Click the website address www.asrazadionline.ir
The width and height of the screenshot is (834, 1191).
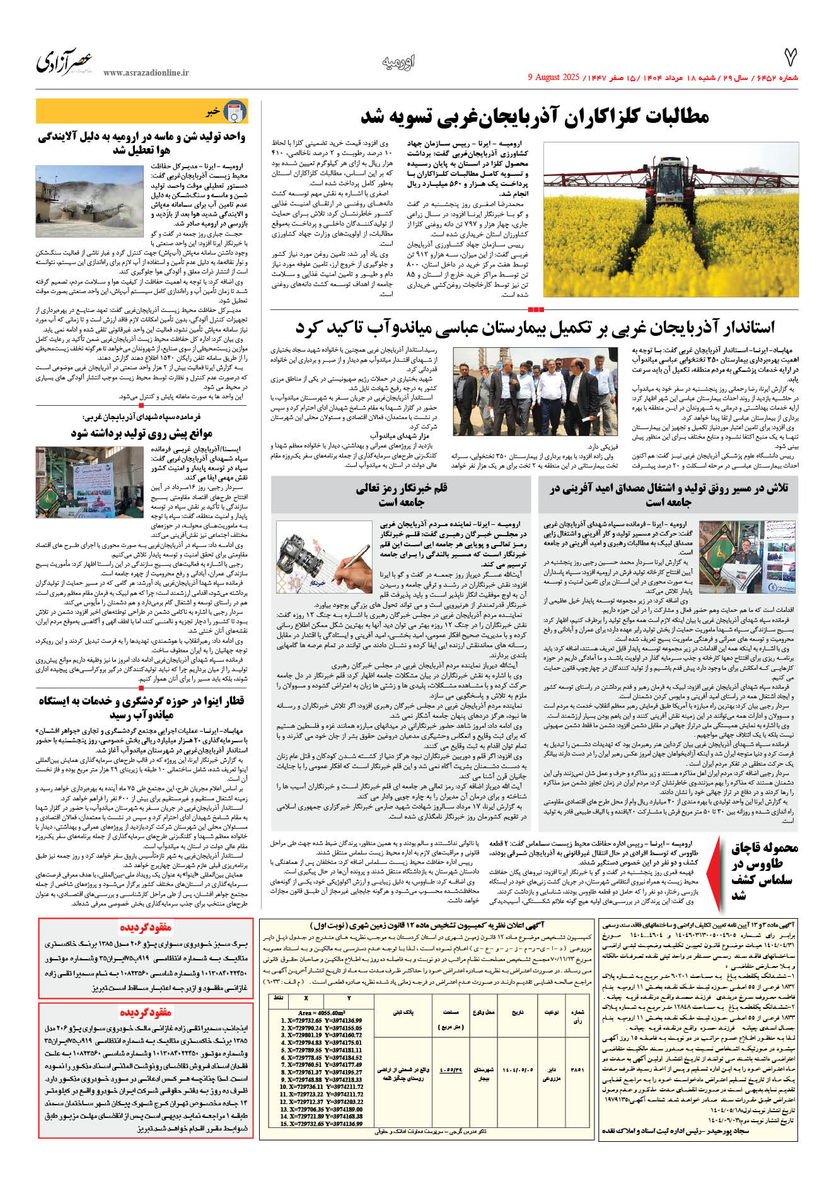coord(146,72)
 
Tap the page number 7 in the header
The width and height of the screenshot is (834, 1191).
coord(790,58)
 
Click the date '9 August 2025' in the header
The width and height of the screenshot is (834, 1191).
coord(553,78)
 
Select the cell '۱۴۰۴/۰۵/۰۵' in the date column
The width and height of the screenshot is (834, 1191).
coord(518,1069)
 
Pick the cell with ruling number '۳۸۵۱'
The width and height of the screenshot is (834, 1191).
coord(577,1069)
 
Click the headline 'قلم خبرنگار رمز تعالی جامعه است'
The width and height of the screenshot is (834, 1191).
coord(402,495)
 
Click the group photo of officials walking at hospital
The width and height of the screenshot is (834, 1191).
coord(535,391)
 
